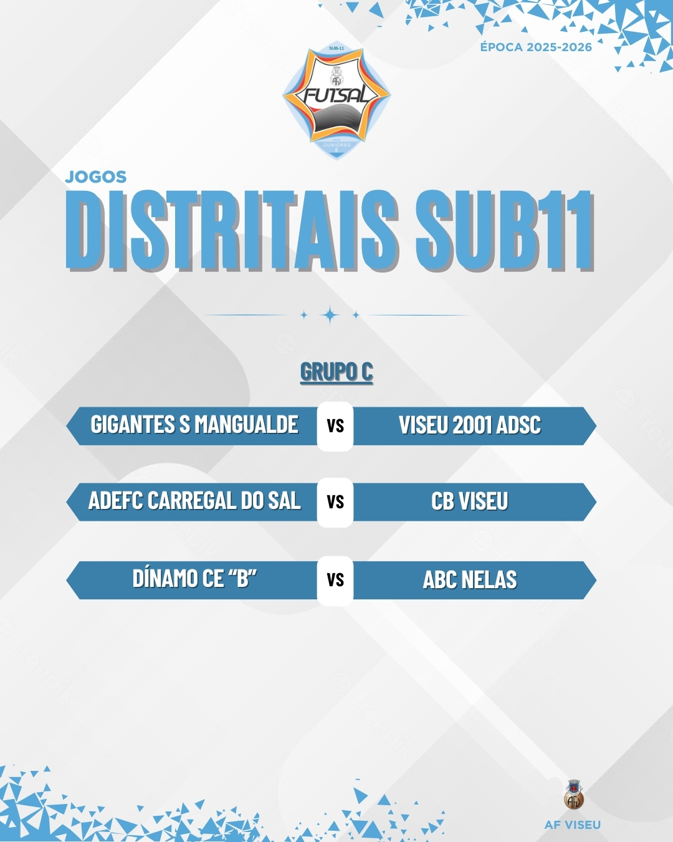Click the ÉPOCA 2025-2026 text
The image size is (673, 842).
pyautogui.click(x=536, y=47)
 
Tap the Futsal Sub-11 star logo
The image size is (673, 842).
pyautogui.click(x=336, y=102)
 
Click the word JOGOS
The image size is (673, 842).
pyautogui.click(x=96, y=177)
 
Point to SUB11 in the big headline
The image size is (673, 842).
pyautogui.click(x=505, y=230)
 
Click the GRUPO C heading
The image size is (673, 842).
pyautogui.click(x=336, y=371)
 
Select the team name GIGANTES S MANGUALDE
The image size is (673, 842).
pyautogui.click(x=194, y=425)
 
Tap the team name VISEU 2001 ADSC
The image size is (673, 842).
pyautogui.click(x=470, y=425)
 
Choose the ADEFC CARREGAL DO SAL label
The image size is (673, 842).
pyautogui.click(x=195, y=500)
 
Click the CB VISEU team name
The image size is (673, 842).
pyautogui.click(x=470, y=501)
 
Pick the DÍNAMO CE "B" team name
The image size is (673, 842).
pyautogui.click(x=195, y=578)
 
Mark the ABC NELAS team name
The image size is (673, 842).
pyautogui.click(x=470, y=579)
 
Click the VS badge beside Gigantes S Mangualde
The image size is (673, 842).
pyautogui.click(x=335, y=426)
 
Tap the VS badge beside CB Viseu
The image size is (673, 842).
pyautogui.click(x=335, y=502)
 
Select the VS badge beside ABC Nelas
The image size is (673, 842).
pyautogui.click(x=335, y=580)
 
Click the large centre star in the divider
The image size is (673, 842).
pyautogui.click(x=330, y=315)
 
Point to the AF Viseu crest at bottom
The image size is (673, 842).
pyautogui.click(x=574, y=794)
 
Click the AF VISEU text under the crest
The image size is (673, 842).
pyautogui.click(x=573, y=825)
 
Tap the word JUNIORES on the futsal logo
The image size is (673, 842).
pyautogui.click(x=336, y=145)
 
